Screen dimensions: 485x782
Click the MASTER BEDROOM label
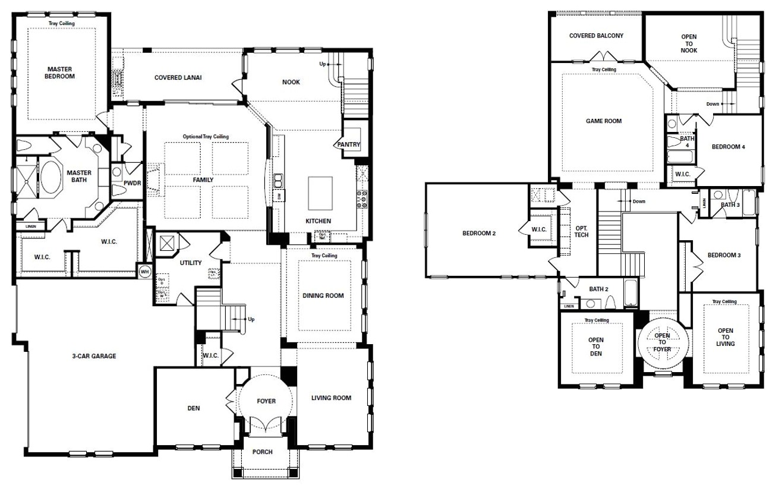click(x=61, y=73)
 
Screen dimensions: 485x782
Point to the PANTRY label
click(x=349, y=144)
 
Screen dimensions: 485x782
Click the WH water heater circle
click(x=143, y=271)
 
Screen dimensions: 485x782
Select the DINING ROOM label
click(x=323, y=296)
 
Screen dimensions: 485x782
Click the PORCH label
click(x=262, y=452)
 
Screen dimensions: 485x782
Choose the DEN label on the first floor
click(x=194, y=408)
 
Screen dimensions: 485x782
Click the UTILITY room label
click(x=191, y=263)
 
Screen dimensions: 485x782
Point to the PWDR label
click(x=133, y=183)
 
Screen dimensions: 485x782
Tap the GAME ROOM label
click(x=604, y=121)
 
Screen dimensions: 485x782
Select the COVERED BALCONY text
click(x=596, y=36)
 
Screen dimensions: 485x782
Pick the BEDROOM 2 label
click(x=479, y=234)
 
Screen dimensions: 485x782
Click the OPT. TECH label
click(x=581, y=231)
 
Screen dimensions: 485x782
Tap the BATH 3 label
click(x=730, y=205)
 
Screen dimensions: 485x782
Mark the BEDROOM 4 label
click(x=728, y=147)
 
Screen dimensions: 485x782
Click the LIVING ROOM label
click(x=331, y=398)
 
